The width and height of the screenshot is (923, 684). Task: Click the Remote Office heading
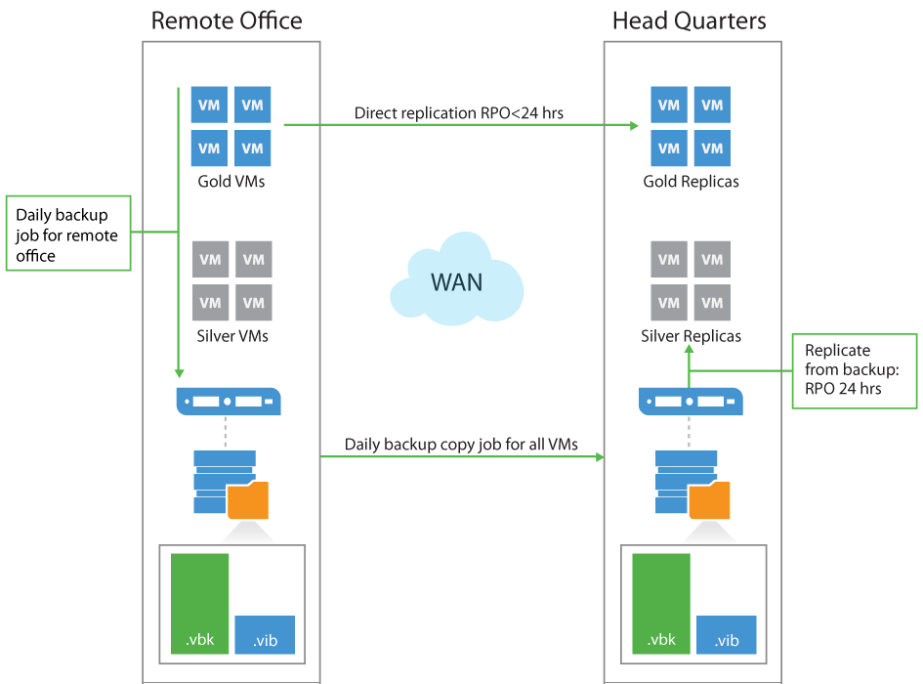tap(227, 21)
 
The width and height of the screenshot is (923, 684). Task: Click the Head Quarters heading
tap(689, 21)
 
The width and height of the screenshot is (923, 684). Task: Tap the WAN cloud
tap(456, 281)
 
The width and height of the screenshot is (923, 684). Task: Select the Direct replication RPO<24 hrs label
tap(458, 113)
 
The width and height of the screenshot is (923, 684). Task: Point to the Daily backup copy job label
tap(461, 445)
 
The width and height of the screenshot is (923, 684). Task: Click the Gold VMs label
tap(231, 182)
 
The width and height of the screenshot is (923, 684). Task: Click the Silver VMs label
tap(231, 336)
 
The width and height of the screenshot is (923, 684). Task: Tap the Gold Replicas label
tap(691, 182)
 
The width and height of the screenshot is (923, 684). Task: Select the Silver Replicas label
tap(691, 336)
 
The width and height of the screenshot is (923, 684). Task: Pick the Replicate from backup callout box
tap(855, 371)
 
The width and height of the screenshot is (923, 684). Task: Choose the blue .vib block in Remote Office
tap(265, 633)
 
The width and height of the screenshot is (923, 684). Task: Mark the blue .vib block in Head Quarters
tap(727, 633)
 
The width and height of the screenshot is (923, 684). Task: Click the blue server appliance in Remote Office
tap(229, 401)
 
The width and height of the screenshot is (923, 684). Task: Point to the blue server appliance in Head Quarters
tap(690, 401)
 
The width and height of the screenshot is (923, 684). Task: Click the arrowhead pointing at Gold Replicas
tap(633, 125)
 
